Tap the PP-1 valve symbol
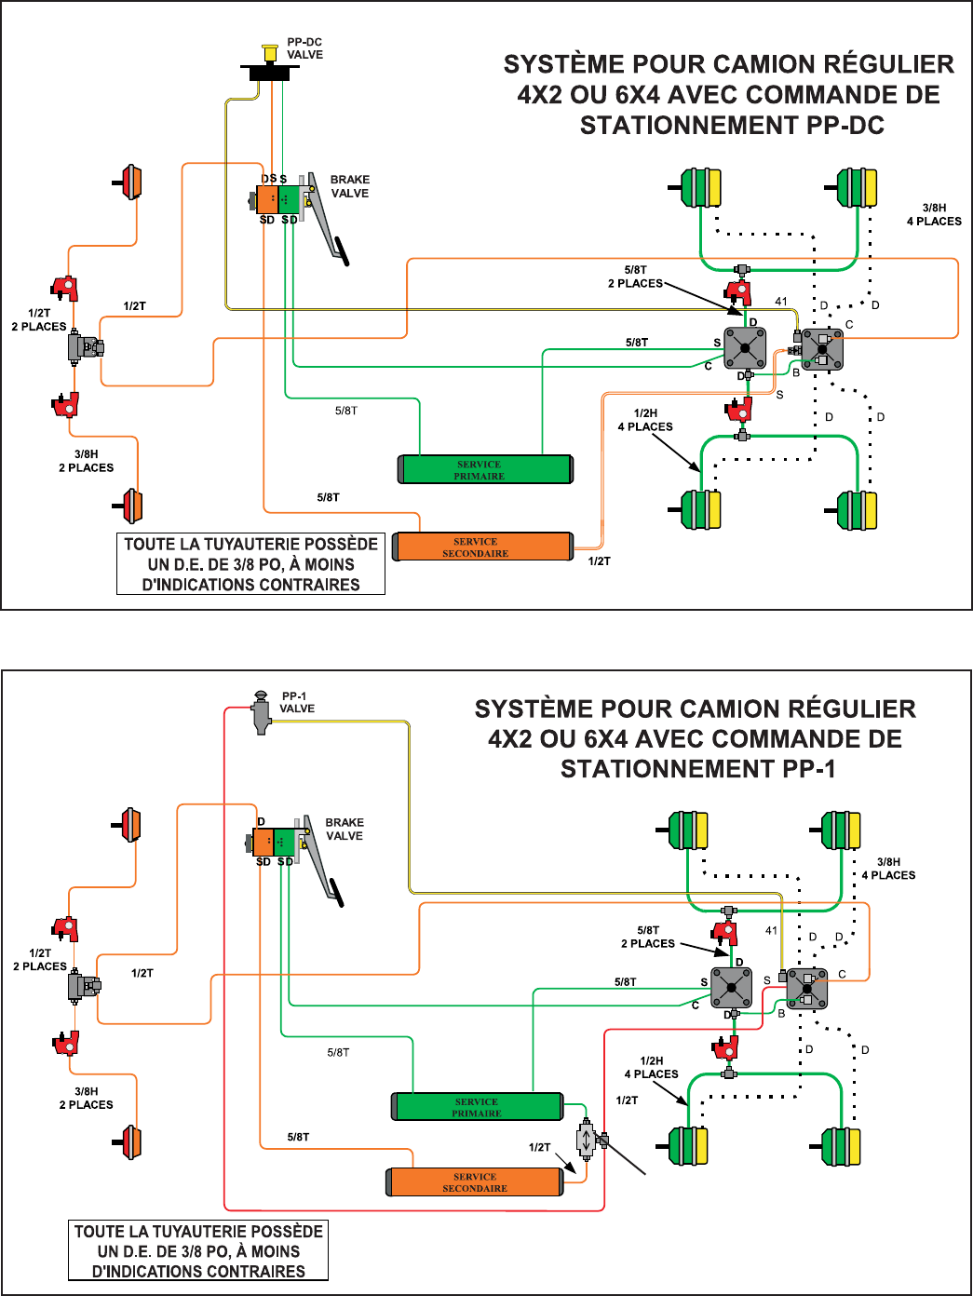click(262, 713)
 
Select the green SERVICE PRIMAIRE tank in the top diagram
click(485, 469)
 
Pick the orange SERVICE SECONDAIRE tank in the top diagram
click(482, 547)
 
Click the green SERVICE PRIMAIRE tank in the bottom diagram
click(478, 1107)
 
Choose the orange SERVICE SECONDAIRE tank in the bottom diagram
click(475, 1182)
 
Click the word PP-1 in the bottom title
click(809, 769)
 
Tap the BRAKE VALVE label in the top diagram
click(350, 186)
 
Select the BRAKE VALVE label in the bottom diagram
click(345, 830)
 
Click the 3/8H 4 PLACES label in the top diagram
click(934, 215)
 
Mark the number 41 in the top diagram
click(781, 302)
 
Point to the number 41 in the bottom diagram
click(771, 930)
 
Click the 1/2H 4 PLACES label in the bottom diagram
click(652, 1067)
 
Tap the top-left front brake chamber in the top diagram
click(131, 182)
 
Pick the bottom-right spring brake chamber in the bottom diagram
click(841, 1146)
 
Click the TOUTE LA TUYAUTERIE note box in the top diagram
click(250, 564)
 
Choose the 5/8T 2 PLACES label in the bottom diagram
click(648, 937)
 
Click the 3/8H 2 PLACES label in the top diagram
click(87, 461)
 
